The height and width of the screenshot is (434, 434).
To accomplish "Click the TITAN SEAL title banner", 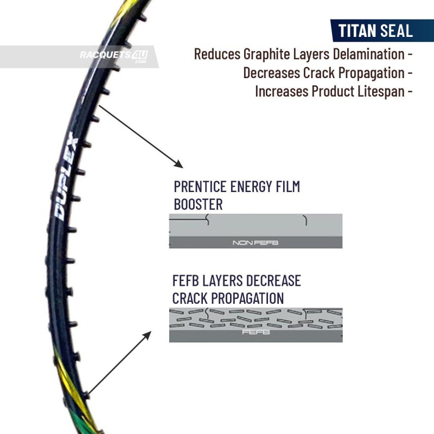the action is click(x=382, y=30).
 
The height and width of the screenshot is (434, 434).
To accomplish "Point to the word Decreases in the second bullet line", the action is click(x=272, y=73).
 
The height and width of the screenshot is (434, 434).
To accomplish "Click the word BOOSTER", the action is click(x=198, y=205).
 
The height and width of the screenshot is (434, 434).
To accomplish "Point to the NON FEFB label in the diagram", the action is click(x=255, y=242).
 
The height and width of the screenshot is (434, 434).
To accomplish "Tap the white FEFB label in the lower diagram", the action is click(x=256, y=332).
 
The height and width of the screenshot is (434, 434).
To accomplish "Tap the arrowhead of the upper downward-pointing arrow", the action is click(x=179, y=164).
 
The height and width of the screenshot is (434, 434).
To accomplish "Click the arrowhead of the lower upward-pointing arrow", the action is click(x=147, y=335).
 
